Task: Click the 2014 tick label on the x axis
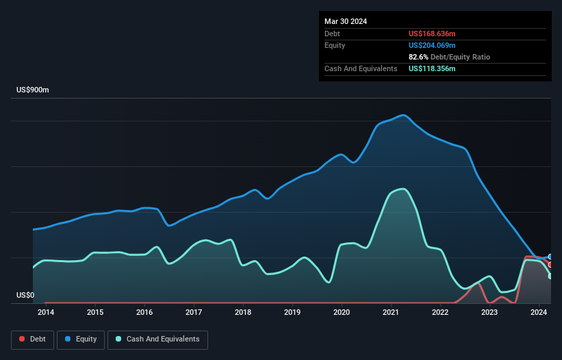point(46,313)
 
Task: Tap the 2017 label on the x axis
point(194,313)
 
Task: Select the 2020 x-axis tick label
point(342,313)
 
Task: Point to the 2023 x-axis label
point(489,313)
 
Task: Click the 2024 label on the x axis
point(539,313)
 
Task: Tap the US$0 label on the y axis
point(25,296)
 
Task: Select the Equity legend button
point(81,339)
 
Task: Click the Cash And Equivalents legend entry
point(157,339)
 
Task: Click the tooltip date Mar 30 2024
point(346,21)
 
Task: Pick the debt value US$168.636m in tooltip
point(432,34)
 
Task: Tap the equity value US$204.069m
point(432,45)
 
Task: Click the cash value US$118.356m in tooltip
point(432,68)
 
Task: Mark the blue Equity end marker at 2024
point(550,257)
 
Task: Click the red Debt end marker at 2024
point(550,264)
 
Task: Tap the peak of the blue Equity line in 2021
point(403,115)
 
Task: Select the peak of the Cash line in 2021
point(403,189)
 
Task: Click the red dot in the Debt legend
point(22,339)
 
